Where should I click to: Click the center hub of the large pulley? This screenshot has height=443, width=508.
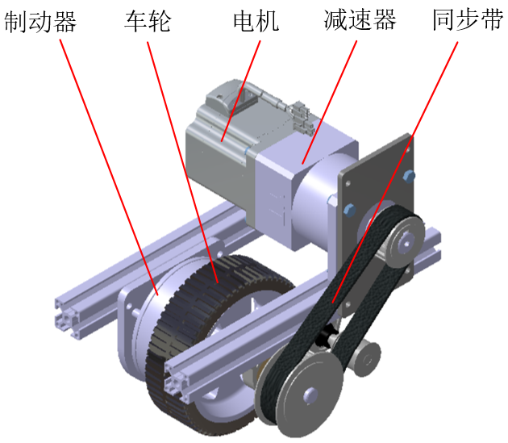pos(309,395)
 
